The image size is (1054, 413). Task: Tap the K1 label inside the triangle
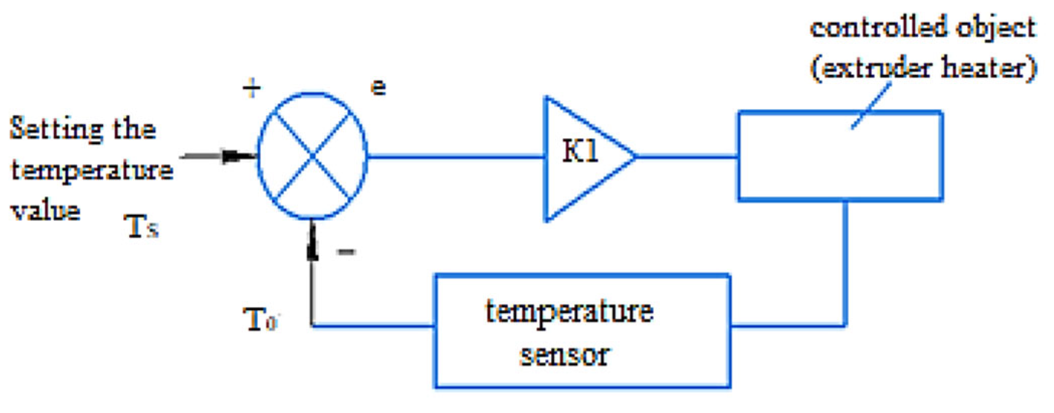[x=580, y=150]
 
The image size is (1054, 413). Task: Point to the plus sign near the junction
[x=252, y=88]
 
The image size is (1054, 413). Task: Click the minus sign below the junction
[x=346, y=252]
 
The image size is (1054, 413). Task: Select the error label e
[x=378, y=88]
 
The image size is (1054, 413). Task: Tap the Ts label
[x=141, y=227]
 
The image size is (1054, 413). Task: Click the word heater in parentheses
[x=982, y=68]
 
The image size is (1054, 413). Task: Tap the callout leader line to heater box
[x=872, y=105]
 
